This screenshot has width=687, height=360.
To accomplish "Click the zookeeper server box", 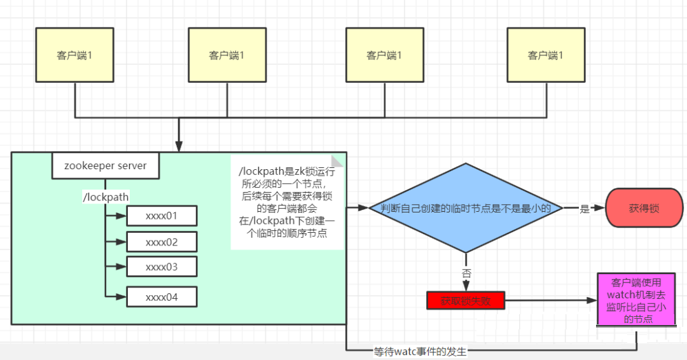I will point(105,166).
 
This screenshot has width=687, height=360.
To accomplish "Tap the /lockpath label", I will point(106,197).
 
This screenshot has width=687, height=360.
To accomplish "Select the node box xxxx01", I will point(162,216).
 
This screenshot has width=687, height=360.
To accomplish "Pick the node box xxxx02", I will point(162,242).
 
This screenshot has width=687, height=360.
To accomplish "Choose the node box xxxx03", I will point(162,267).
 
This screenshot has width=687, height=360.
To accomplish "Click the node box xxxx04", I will point(162,297).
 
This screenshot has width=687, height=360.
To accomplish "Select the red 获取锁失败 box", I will point(466,300).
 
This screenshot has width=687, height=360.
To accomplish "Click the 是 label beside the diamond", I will point(585,209).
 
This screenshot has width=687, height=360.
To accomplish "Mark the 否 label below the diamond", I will point(466,272).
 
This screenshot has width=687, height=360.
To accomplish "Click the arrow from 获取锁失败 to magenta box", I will point(550,300).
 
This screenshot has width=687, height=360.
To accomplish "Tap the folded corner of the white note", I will point(338,161).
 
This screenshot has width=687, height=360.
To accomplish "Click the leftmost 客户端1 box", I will point(74,55).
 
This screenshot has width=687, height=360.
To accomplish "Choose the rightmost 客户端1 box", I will point(546,55).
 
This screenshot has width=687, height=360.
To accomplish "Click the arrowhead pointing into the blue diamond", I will point(364,208).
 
